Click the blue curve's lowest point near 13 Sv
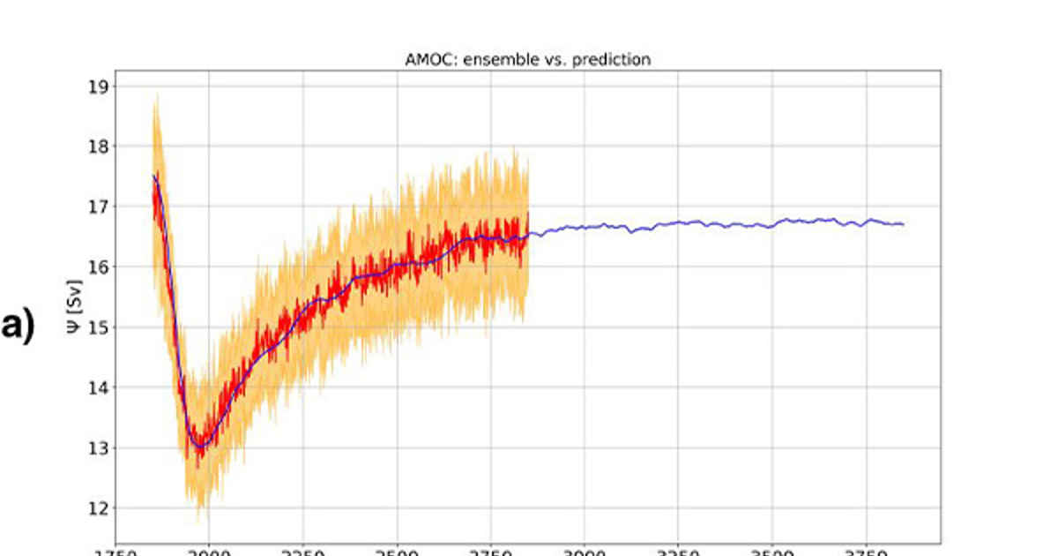pos(199,446)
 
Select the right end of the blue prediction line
pos(903,224)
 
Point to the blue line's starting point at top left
pos(153,175)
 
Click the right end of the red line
pos(528,214)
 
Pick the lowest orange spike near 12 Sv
pos(198,521)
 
